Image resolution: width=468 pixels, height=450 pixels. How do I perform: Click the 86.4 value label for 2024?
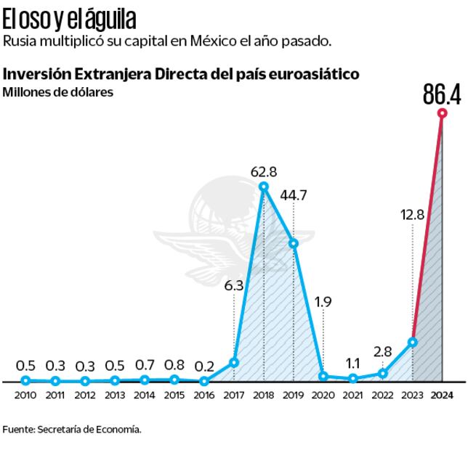coord(442,95)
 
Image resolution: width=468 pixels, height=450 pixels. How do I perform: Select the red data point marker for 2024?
coord(442,113)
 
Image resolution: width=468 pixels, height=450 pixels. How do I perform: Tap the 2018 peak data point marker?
coord(264,187)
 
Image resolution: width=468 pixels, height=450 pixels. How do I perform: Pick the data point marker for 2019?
coord(294,244)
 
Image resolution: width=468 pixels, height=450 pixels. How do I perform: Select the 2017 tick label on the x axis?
coord(233,396)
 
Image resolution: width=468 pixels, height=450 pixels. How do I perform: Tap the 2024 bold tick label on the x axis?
coord(442,396)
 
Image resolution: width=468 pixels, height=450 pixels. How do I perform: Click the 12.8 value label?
coord(412,215)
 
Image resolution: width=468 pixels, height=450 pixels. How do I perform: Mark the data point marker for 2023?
coord(412,342)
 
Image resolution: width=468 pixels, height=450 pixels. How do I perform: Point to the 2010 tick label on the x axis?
coord(25,396)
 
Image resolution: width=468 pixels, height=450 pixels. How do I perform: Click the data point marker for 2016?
coord(204,381)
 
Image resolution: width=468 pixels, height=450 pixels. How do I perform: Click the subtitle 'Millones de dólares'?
coord(47,91)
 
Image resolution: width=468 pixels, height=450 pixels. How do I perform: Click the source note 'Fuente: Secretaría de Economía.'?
coord(71,429)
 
